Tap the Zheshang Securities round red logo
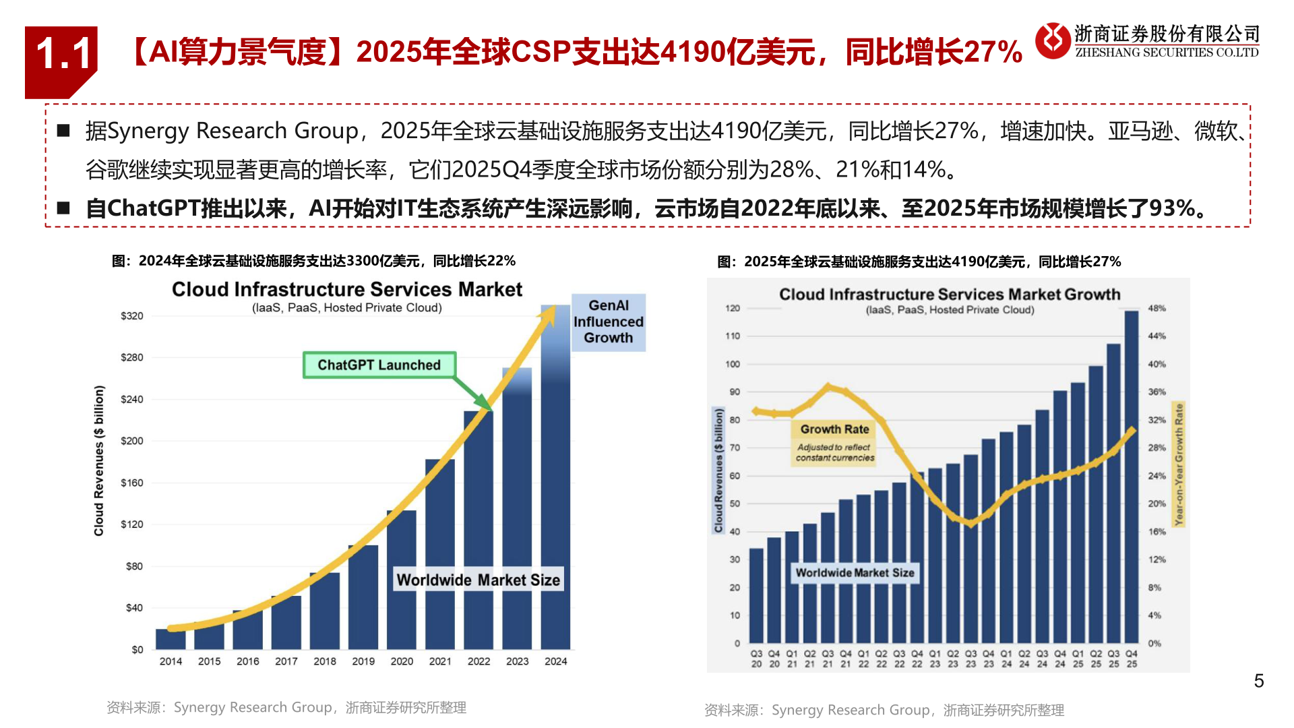[1053, 40]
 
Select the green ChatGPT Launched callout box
[379, 365]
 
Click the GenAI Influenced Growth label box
[608, 322]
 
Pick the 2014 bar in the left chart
[171, 638]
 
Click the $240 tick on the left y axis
[132, 399]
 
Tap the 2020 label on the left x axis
[402, 661]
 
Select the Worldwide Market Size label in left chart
[478, 580]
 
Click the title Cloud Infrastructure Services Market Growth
[949, 295]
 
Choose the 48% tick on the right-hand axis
[1157, 308]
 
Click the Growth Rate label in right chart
[834, 429]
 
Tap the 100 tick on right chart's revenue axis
[733, 364]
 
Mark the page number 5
[1258, 681]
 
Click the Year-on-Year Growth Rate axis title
[1179, 464]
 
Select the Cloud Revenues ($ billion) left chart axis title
[99, 461]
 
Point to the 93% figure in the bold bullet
[1171, 209]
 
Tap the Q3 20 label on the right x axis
[756, 659]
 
